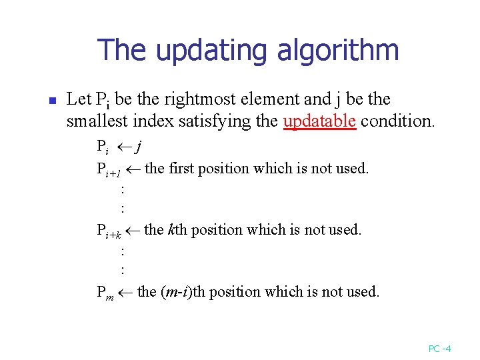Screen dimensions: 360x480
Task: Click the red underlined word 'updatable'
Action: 319,122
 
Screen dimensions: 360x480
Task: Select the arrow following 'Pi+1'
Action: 133,168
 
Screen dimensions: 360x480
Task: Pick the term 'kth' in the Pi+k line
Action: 177,229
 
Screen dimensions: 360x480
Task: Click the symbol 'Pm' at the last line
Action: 105,292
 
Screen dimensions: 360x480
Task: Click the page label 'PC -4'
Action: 440,348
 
